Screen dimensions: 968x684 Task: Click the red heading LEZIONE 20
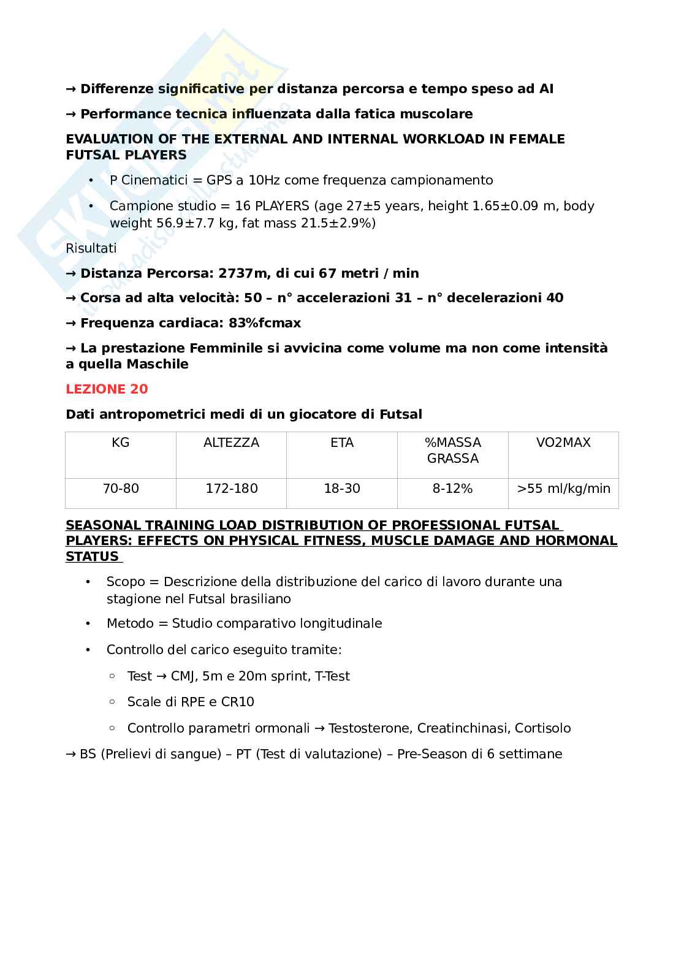point(107,389)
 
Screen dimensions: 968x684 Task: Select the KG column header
point(121,443)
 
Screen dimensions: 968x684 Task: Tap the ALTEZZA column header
point(231,443)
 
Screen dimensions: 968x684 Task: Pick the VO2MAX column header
point(563,443)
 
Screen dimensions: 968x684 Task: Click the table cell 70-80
point(121,489)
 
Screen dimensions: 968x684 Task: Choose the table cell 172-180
point(231,489)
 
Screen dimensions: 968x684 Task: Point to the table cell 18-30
point(342,489)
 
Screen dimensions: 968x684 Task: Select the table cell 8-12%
point(452,489)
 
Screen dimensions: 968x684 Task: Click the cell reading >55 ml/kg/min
point(563,489)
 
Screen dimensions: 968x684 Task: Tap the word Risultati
point(91,248)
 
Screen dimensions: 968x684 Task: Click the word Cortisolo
point(542,728)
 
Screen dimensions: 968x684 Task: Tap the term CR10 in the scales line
point(237,702)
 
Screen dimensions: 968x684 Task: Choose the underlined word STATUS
point(92,557)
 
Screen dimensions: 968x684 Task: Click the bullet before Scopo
point(88,582)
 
